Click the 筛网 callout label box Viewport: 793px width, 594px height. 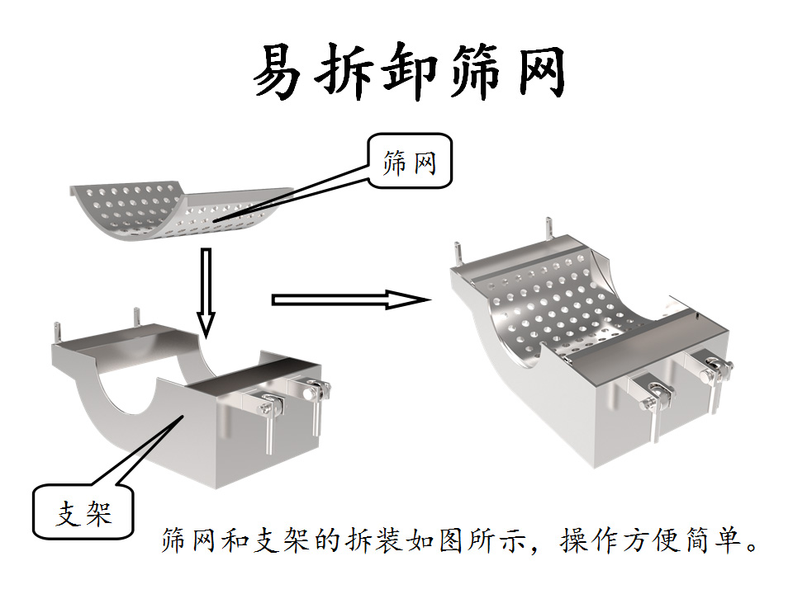410,162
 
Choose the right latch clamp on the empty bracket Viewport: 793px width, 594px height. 315,396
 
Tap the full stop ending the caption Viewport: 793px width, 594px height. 751,546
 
